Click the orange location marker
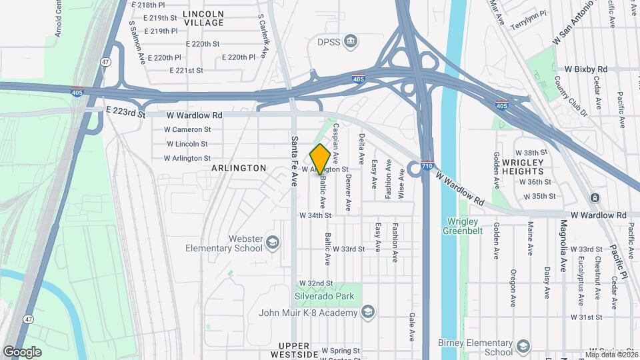[x=320, y=159]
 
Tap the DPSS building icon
[x=351, y=43]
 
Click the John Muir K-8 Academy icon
[x=368, y=311]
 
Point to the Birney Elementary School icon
[x=523, y=346]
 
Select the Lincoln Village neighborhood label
[x=203, y=18]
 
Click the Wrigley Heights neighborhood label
[x=523, y=167]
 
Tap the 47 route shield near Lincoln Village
[x=106, y=61]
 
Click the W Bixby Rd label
[x=586, y=69]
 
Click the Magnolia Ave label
[x=563, y=237]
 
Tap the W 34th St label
[x=315, y=215]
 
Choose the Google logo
[x=22, y=351]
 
